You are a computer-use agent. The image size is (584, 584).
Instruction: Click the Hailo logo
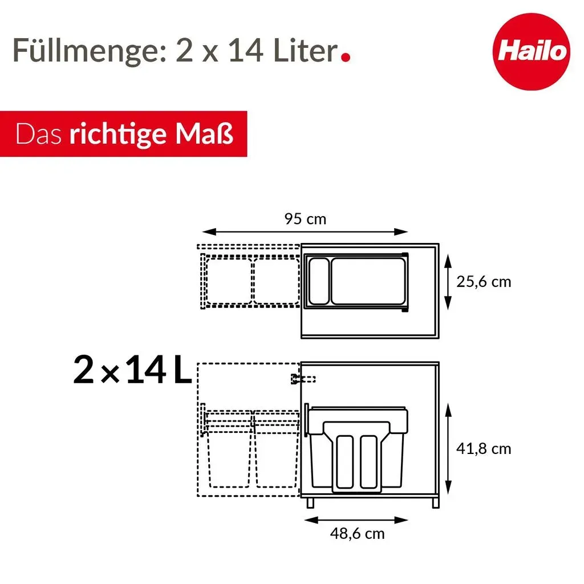coord(531,51)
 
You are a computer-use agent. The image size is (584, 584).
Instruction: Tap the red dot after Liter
coord(346,57)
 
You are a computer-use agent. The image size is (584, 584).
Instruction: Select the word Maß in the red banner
coord(205,133)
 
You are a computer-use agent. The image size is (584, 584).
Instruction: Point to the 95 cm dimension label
coord(306,219)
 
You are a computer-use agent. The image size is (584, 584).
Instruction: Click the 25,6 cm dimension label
coord(484,282)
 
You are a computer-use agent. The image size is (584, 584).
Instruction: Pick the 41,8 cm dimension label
coord(484,449)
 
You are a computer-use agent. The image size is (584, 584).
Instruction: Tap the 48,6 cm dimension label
coord(357,534)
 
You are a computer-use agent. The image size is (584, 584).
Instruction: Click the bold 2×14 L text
coord(132,370)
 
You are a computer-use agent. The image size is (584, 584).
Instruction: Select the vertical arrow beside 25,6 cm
coord(448,282)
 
